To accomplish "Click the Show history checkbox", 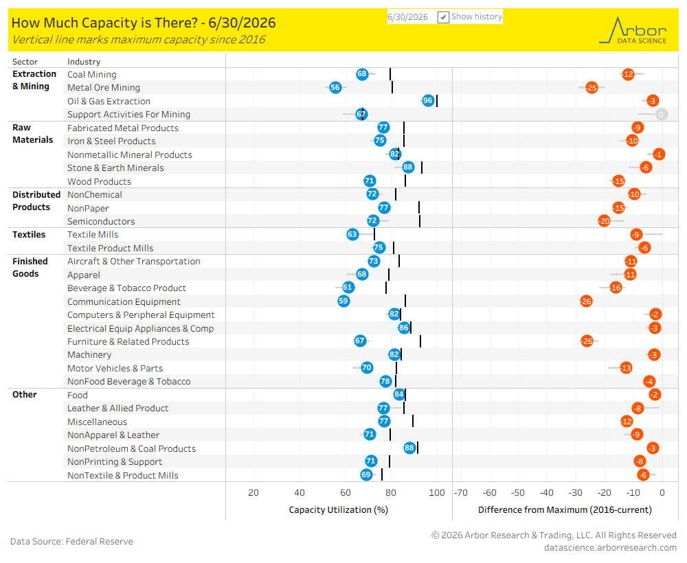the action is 443,17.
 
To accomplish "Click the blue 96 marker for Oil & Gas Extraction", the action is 427,101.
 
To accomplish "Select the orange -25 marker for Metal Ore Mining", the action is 592,88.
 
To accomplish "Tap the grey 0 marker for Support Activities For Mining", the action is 661,114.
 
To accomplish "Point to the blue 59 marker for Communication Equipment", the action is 343,301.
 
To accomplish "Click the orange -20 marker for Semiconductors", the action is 604,221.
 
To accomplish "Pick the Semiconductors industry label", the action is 101,222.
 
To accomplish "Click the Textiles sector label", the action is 29,235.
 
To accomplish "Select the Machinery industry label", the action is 89,355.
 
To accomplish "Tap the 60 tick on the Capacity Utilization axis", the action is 346,492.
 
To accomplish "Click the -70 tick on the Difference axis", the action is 461,492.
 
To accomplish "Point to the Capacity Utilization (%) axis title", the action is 339,510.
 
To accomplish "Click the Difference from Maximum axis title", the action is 565,510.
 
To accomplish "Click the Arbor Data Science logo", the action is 633,30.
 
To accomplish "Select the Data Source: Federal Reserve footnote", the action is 71,542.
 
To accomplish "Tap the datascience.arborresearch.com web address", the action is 610,548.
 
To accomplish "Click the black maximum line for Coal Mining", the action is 390,74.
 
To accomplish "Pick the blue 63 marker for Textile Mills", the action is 352,234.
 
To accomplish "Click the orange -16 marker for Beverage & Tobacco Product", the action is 616,288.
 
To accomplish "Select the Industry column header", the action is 84,62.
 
